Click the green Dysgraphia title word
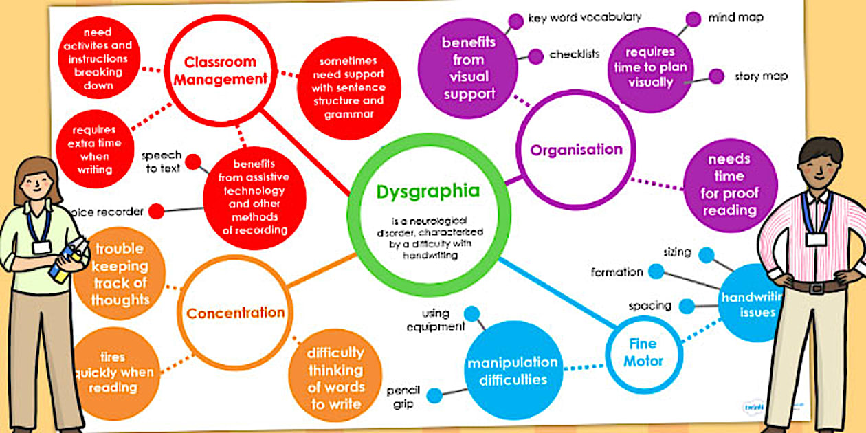click(428, 192)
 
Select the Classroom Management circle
click(220, 71)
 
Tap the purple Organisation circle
click(576, 149)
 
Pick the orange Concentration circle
click(235, 313)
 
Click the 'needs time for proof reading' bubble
click(729, 185)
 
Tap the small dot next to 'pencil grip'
click(434, 395)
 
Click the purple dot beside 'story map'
click(716, 76)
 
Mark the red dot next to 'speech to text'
click(193, 163)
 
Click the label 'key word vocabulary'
click(584, 17)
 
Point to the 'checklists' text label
click(575, 54)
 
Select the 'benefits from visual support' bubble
click(468, 68)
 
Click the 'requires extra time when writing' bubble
click(93, 149)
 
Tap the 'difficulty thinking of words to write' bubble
click(335, 378)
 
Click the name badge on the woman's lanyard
click(42, 247)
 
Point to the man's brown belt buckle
click(816, 287)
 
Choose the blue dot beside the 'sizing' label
click(707, 255)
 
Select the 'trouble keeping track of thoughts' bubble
click(120, 274)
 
